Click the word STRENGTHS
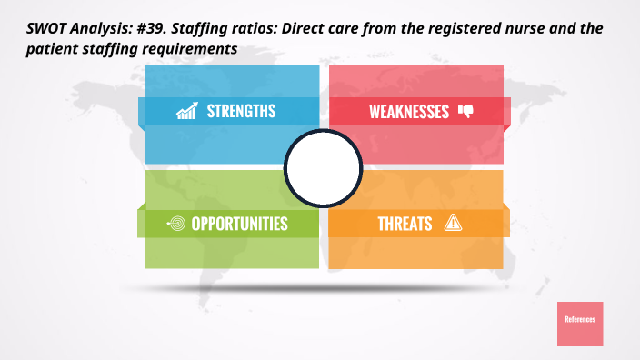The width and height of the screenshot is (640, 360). (x=241, y=112)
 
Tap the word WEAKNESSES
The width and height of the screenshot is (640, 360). (x=409, y=112)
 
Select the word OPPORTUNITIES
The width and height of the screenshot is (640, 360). (x=239, y=223)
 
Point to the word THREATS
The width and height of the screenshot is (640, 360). (x=405, y=223)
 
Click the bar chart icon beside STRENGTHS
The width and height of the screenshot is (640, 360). (x=187, y=112)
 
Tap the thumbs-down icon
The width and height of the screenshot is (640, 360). (x=466, y=111)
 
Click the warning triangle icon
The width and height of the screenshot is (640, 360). (x=453, y=222)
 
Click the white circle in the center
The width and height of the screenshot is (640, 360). (x=324, y=167)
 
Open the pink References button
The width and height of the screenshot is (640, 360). (x=580, y=323)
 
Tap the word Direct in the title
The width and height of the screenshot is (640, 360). (x=310, y=30)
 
